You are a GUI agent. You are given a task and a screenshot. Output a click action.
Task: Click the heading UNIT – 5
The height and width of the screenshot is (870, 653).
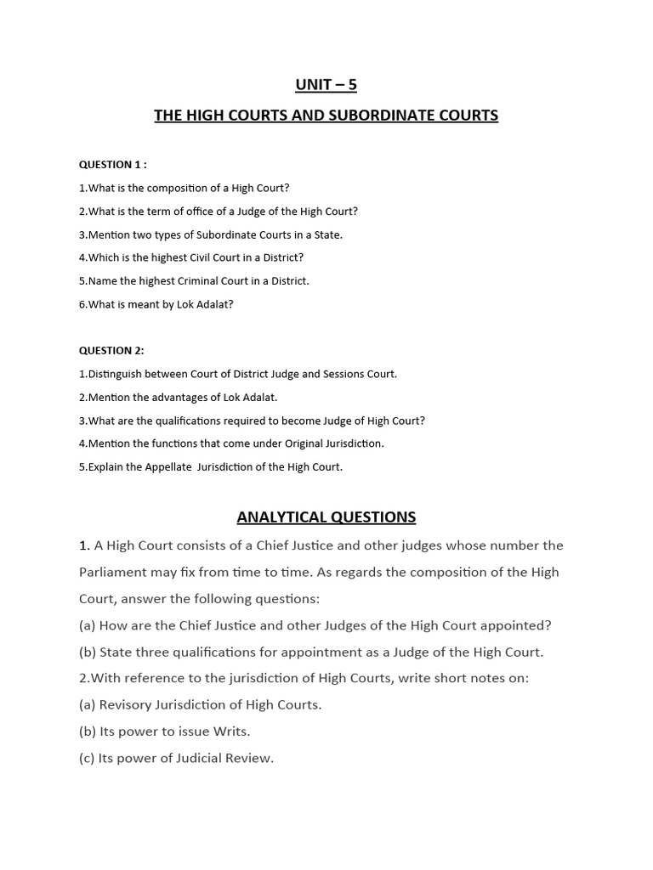click(x=326, y=84)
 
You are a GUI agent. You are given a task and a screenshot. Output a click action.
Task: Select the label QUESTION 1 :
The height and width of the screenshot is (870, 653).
click(x=113, y=165)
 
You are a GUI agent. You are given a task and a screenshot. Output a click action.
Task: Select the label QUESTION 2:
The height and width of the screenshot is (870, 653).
click(x=111, y=350)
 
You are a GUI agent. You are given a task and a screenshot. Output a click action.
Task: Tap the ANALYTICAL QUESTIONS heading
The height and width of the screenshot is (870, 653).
click(x=326, y=517)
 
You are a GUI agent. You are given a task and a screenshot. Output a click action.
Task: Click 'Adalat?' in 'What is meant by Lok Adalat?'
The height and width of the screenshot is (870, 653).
click(x=214, y=304)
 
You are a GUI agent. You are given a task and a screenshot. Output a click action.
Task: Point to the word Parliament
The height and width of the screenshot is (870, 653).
click(x=115, y=572)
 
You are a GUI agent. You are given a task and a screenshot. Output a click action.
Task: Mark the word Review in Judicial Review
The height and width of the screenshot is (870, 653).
click(x=247, y=758)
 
